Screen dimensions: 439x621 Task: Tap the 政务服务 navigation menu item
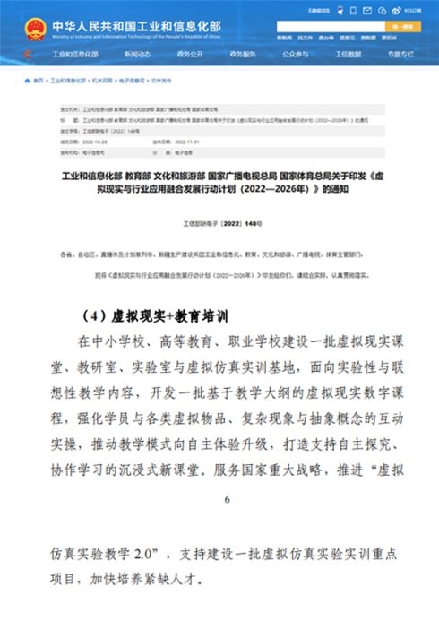point(243,55)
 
